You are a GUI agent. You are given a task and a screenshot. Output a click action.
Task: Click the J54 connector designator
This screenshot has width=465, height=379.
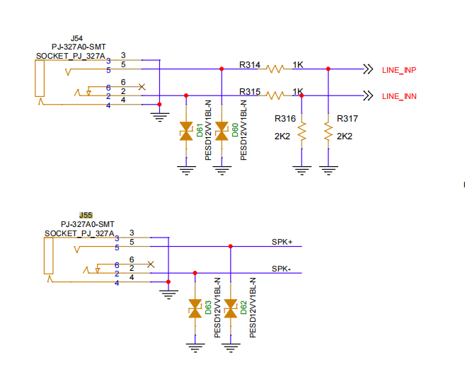point(76,38)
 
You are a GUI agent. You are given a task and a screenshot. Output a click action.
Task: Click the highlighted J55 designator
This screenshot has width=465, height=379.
point(86,216)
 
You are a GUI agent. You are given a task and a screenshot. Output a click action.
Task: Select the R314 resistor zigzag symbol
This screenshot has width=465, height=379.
point(275,69)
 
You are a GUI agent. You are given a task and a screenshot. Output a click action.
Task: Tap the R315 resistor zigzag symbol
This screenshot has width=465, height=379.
point(275,95)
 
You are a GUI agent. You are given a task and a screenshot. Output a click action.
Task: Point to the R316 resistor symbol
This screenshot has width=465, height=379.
point(302,132)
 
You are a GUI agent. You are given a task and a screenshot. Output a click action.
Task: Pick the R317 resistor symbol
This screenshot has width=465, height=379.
point(328,132)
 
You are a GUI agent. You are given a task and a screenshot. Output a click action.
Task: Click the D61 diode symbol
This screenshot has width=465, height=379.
point(186,131)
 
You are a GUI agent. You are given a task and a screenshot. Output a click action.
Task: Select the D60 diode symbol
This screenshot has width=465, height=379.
point(222,131)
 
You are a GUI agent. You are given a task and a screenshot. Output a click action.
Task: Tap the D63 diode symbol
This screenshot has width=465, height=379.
point(195,308)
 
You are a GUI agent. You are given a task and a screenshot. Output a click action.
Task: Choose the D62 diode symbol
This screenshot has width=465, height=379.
point(231,308)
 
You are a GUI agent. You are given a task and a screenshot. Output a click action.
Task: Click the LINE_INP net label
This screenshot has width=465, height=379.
point(399,70)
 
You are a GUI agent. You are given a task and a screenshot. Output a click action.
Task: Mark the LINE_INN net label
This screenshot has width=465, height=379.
point(399,96)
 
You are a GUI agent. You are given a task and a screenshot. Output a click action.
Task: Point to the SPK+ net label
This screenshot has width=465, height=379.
point(282,242)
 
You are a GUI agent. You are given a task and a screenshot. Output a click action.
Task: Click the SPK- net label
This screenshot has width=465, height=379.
point(281,269)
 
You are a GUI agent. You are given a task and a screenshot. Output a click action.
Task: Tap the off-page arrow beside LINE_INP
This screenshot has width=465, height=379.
point(368,69)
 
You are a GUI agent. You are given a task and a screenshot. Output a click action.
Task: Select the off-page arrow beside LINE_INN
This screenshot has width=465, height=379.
point(368,95)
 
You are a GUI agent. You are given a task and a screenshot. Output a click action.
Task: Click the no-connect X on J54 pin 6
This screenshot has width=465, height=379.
point(142,87)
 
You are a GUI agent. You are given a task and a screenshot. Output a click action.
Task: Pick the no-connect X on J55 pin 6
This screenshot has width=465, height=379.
point(151,264)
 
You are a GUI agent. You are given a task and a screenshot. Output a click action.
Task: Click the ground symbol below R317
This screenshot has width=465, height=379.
point(328,170)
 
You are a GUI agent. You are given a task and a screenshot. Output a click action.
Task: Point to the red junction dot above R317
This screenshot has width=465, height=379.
point(328,69)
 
